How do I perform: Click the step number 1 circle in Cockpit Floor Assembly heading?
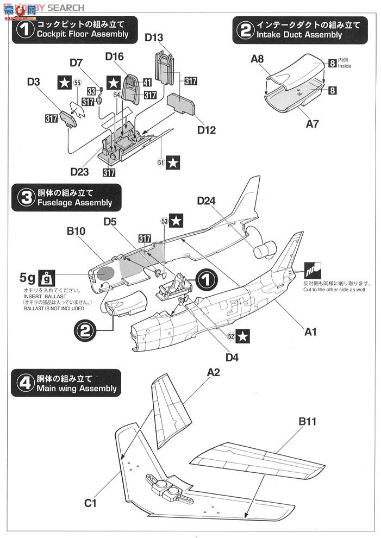pyautogui.click(x=23, y=29)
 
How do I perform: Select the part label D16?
pyautogui.click(x=115, y=57)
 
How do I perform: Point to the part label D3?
pyautogui.click(x=33, y=82)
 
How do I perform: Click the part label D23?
pyautogui.click(x=80, y=171)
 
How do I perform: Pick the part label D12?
pyautogui.click(x=207, y=130)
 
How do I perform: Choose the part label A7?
pyautogui.click(x=312, y=123)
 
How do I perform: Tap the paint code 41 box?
pyautogui.click(x=147, y=82)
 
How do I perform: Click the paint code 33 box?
pyautogui.click(x=91, y=91)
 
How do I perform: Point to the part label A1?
pyautogui.click(x=310, y=331)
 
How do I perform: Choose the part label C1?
pyautogui.click(x=90, y=503)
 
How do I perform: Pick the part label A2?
pyautogui.click(x=213, y=372)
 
